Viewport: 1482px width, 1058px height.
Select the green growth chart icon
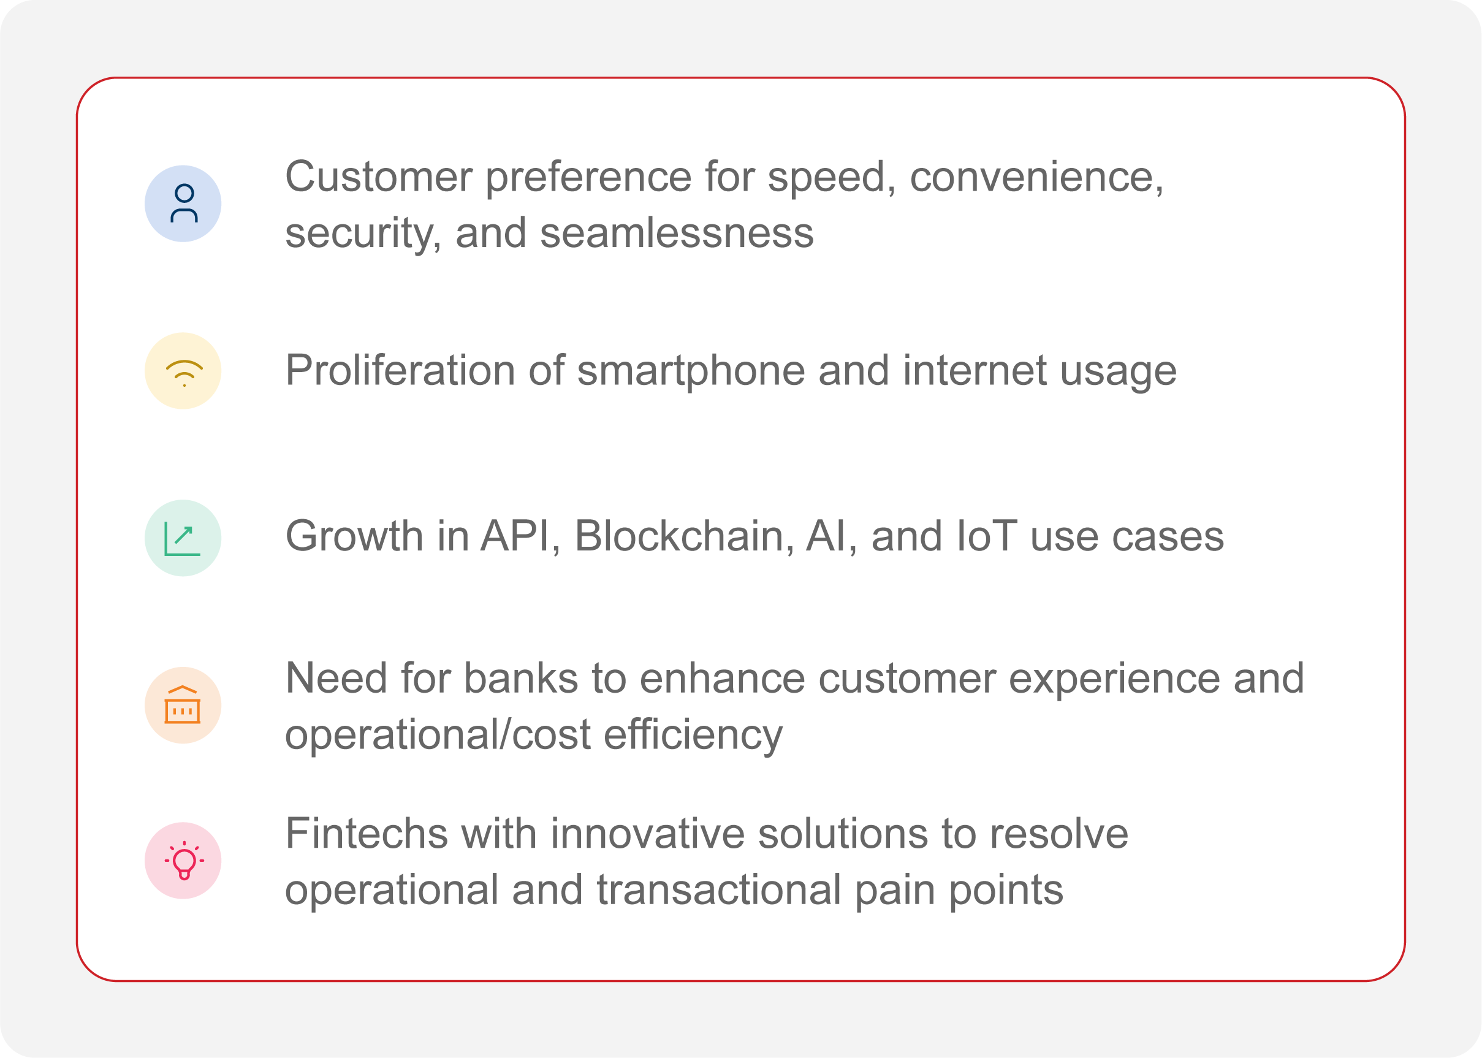coord(183,538)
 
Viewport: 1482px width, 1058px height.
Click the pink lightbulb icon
coord(184,861)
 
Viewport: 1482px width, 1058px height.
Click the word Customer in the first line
coord(379,177)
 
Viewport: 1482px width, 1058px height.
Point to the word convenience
coord(1036,178)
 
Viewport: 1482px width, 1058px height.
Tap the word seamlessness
coord(677,233)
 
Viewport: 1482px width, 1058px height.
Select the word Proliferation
coord(400,370)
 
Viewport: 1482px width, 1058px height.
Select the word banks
coord(521,678)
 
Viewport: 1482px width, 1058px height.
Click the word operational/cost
coord(438,735)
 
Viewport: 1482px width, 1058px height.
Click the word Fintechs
coord(367,834)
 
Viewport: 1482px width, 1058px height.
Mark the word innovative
coord(647,834)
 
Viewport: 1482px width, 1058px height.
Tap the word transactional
coord(719,891)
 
